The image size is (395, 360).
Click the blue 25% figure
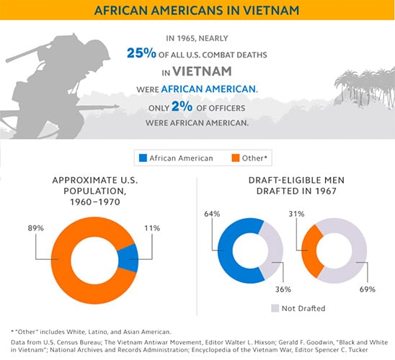pyautogui.click(x=141, y=53)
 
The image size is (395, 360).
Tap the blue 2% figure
pyautogui.click(x=182, y=106)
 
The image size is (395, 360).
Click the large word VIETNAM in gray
pyautogui.click(x=202, y=71)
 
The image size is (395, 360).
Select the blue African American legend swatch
pyautogui.click(x=143, y=158)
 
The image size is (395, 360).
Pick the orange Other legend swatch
pyautogui.click(x=236, y=158)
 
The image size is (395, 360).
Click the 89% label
pyautogui.click(x=36, y=228)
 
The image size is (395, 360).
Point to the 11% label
pyautogui.click(x=152, y=228)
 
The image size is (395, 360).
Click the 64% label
pyautogui.click(x=212, y=214)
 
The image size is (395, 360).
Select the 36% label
pyautogui.click(x=283, y=289)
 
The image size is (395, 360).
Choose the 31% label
pyautogui.click(x=296, y=214)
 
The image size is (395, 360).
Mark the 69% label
pyautogui.click(x=368, y=289)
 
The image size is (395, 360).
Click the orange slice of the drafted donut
pyautogui.click(x=309, y=251)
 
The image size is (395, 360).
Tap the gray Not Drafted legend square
pyautogui.click(x=275, y=308)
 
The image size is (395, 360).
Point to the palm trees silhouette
pyautogui.click(x=365, y=88)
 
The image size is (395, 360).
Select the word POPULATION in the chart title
pyautogui.click(x=94, y=192)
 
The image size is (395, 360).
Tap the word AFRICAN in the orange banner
pyautogui.click(x=121, y=10)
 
